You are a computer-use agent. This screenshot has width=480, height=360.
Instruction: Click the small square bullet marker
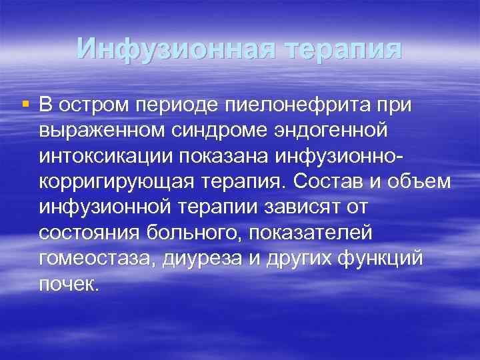coord(26,105)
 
